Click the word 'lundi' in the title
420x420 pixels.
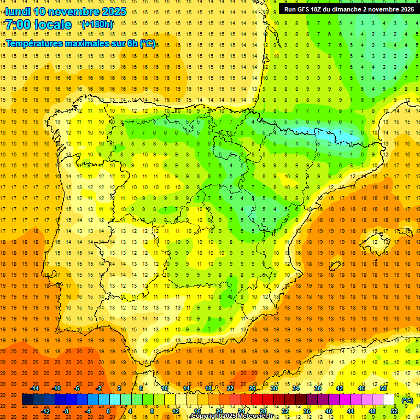pyautogui.click(x=17, y=11)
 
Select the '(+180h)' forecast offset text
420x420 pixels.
pyautogui.click(x=97, y=24)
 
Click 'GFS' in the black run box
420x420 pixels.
pyautogui.click(x=307, y=9)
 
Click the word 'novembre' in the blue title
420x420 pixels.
pyautogui.click(x=75, y=11)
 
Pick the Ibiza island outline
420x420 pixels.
pyautogui.click(x=335, y=266)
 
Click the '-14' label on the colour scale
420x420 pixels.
pyautogui.click(x=35, y=388)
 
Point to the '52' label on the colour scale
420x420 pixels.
pyautogui.click(x=394, y=411)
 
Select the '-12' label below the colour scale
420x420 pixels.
pyautogui.click(x=45, y=411)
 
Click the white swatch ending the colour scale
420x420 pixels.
pyautogui.click(x=389, y=400)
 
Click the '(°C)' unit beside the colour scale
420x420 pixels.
pyautogui.click(x=407, y=400)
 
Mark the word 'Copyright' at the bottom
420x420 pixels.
pyautogui.click(x=206, y=416)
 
